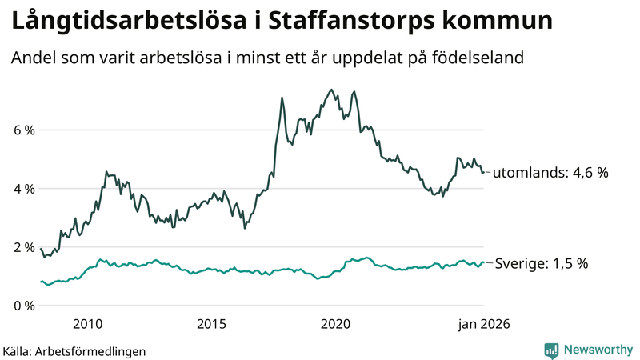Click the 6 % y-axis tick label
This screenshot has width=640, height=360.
24,130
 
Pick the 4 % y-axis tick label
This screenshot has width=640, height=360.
24,189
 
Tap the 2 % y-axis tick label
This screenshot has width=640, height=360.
24,247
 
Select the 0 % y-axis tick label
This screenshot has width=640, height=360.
24,306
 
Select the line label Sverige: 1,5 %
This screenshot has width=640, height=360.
542,263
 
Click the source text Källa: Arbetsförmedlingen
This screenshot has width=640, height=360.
74,350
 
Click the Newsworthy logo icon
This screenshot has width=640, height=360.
551,350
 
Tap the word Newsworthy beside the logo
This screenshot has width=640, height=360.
597,350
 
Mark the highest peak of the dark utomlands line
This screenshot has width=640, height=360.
331,90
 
